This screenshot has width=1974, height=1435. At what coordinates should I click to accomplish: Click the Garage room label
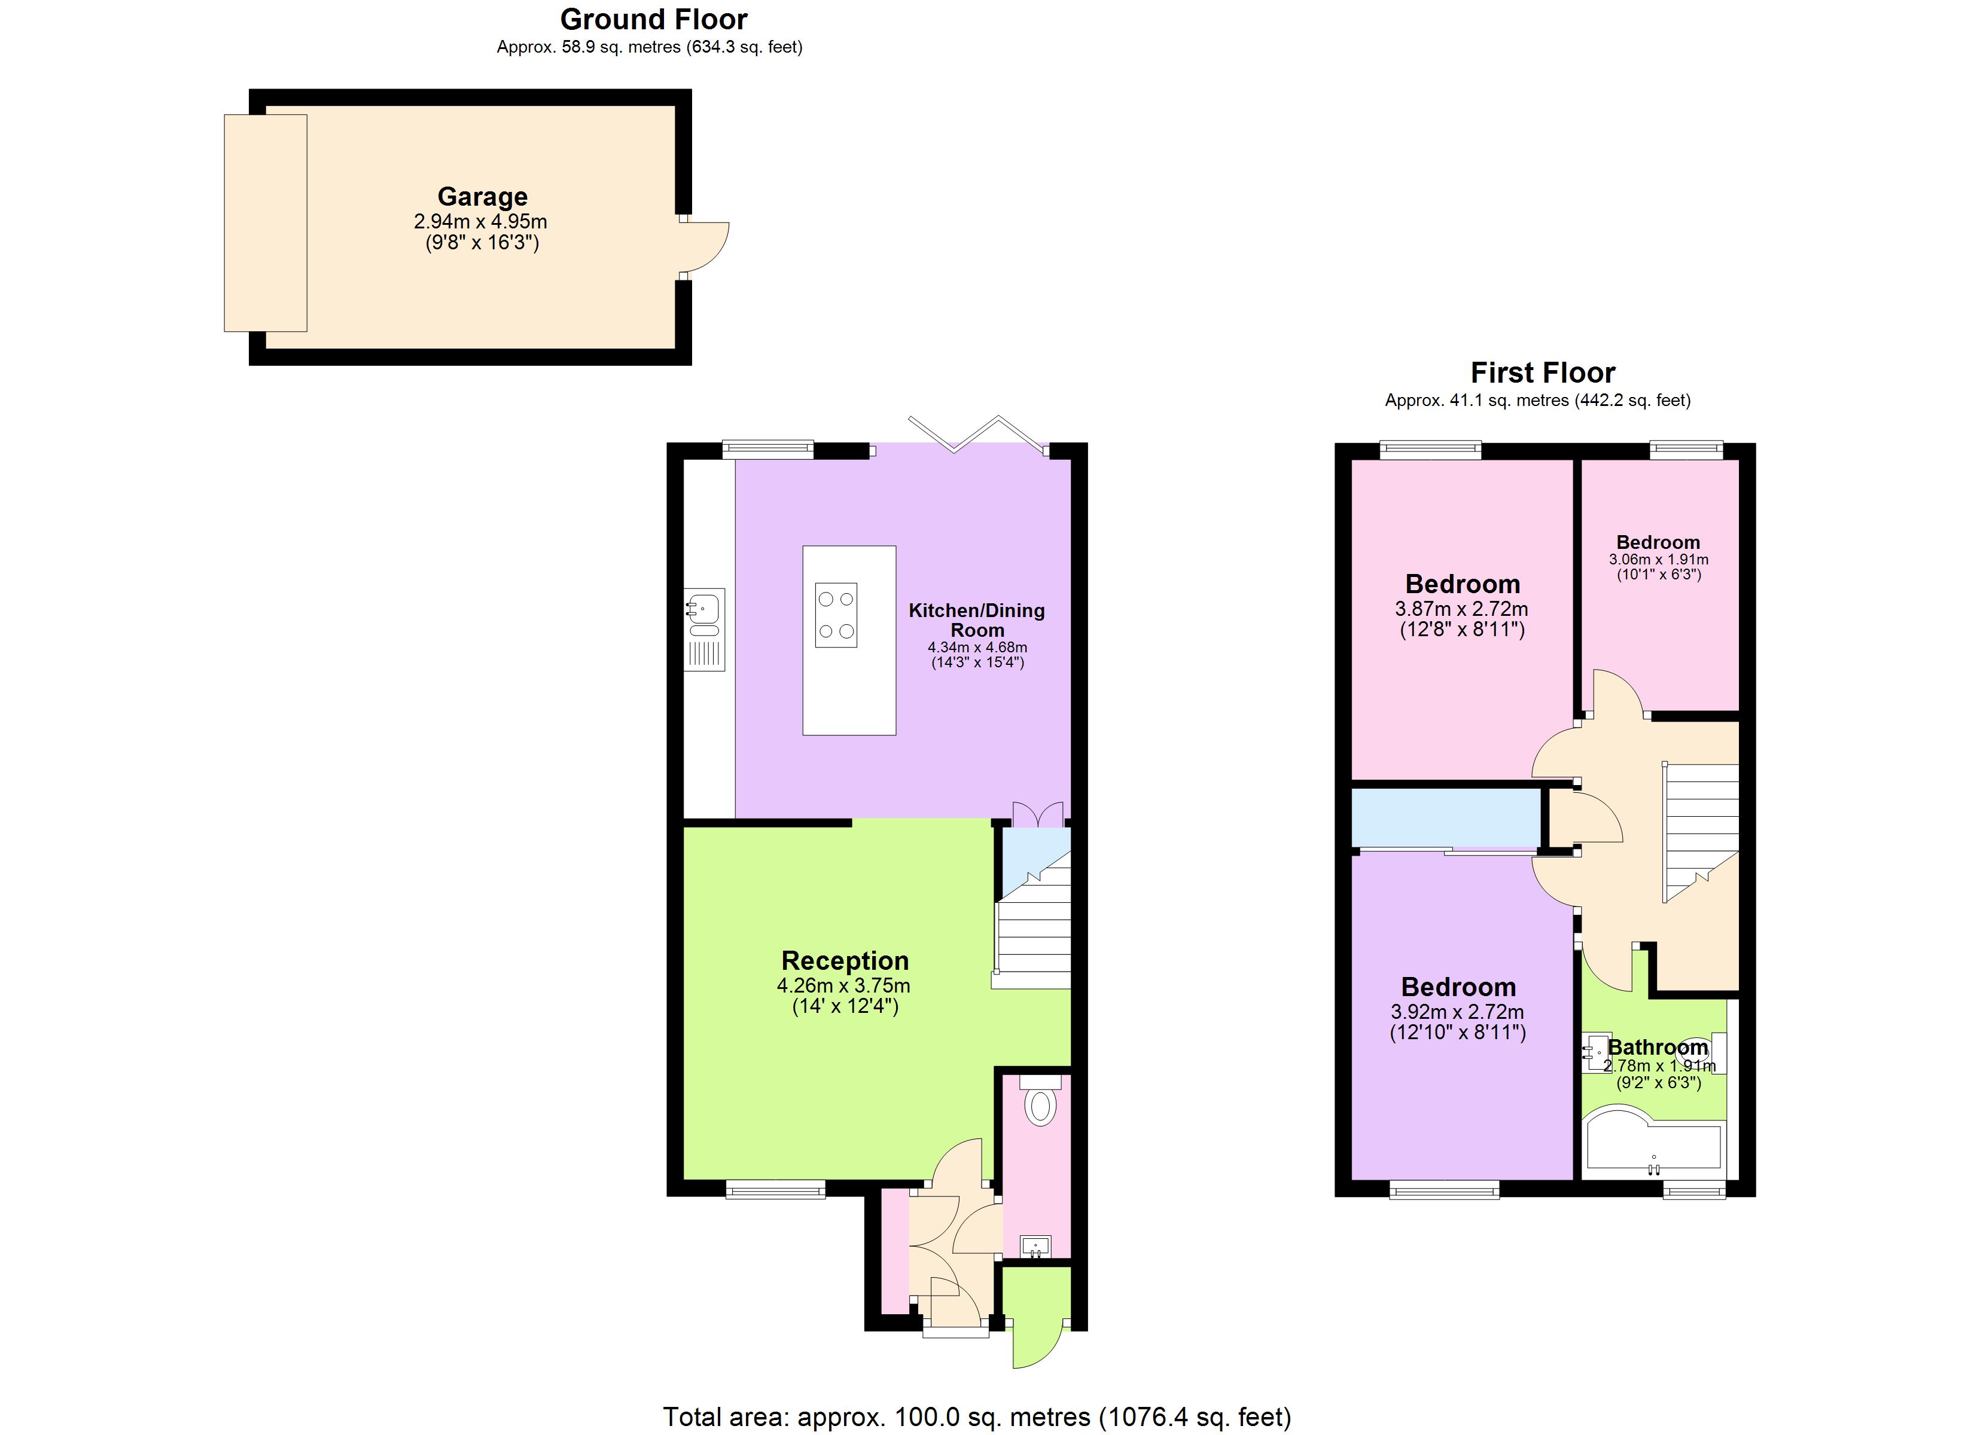(482, 197)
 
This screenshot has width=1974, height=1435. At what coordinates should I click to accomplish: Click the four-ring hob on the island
(836, 615)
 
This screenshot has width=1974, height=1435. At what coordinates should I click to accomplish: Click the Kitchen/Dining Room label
(977, 619)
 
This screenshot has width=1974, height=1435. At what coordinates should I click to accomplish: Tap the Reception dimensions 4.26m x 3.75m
(843, 986)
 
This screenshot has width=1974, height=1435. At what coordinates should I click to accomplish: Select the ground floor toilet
(1039, 1104)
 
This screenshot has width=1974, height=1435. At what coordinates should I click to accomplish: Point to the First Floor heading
(1542, 373)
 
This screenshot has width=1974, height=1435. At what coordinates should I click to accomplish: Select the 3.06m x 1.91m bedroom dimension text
(1658, 560)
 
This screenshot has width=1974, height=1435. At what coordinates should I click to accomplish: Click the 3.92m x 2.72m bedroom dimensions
(1457, 1012)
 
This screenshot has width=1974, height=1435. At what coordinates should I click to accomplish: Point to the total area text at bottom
(977, 1416)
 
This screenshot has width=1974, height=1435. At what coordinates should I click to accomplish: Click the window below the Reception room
(775, 1190)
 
